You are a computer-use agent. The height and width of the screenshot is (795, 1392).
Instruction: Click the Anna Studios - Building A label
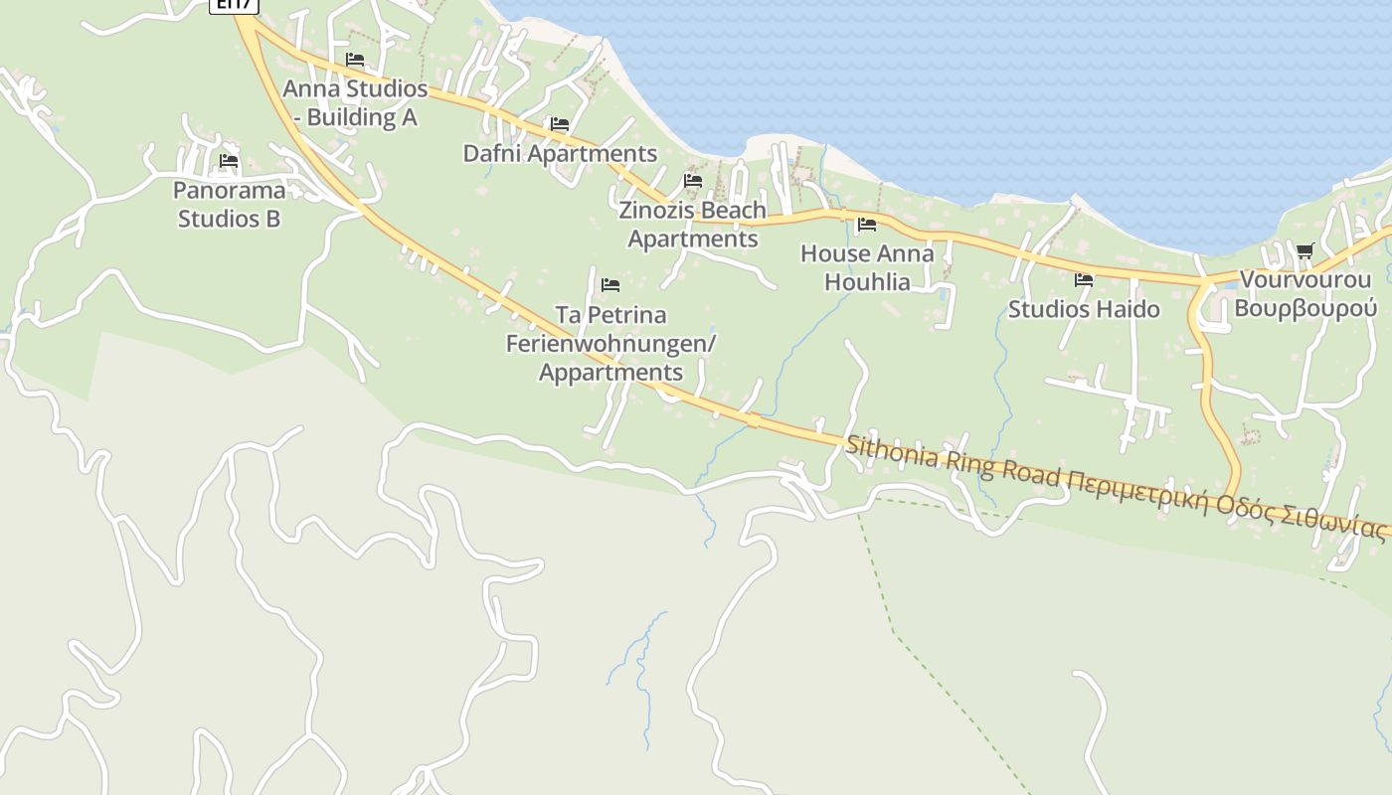355,102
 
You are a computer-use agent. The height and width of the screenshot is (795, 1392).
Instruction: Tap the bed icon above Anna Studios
355,60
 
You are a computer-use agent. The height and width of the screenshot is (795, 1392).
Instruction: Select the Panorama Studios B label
230,204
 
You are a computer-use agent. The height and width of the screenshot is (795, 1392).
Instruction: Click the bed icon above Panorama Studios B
229,161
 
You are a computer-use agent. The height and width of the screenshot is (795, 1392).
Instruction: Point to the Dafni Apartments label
560,154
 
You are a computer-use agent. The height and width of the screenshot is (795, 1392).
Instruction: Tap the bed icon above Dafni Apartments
560,124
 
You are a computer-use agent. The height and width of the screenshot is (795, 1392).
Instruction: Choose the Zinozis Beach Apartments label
692,225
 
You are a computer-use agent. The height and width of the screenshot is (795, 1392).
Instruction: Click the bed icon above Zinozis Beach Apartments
693,181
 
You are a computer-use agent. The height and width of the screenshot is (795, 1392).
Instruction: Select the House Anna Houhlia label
867,267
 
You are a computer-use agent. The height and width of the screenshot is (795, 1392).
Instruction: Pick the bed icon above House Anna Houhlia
867,225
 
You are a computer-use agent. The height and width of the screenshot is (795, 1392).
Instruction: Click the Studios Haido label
1084,309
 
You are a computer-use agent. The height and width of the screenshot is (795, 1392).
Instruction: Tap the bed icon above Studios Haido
1084,280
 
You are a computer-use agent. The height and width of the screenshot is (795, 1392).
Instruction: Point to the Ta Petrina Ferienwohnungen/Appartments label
610,343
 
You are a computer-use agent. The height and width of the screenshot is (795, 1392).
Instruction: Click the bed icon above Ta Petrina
610,285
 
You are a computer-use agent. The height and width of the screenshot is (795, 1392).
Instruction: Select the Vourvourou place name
1305,279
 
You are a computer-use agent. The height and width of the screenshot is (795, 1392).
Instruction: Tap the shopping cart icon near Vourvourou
1305,250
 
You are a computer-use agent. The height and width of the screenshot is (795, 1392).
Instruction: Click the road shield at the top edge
235,5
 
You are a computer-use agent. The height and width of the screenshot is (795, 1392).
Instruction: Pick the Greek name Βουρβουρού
1305,308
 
